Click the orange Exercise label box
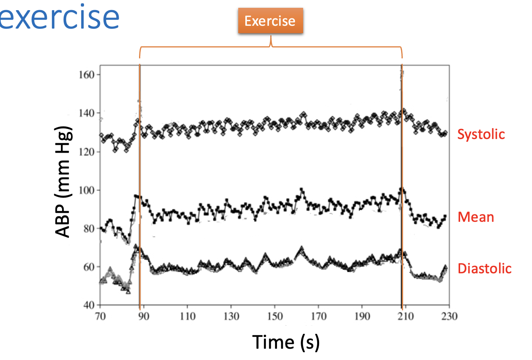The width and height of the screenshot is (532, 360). (270, 21)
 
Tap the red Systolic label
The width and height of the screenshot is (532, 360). (481, 134)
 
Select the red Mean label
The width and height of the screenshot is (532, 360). (475, 217)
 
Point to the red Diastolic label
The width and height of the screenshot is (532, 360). (484, 269)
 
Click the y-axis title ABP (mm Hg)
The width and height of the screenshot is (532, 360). (63, 182)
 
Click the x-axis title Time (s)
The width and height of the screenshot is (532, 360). (286, 342)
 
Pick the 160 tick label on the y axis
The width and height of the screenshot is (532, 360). (87, 75)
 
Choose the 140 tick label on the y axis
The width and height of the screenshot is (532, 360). (87, 113)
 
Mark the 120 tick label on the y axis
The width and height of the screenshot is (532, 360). (87, 152)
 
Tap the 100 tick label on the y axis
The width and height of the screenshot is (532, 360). (87, 190)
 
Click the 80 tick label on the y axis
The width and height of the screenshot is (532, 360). (89, 228)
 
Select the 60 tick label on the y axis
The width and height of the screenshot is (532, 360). (89, 267)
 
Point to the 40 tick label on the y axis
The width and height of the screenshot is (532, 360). (89, 305)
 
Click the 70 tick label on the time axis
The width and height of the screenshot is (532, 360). (100, 316)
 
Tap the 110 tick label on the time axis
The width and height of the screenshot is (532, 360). (187, 316)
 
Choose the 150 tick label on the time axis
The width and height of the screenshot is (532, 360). (275, 316)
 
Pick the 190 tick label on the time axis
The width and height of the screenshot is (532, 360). (362, 316)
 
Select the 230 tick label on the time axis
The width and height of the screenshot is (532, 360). (449, 316)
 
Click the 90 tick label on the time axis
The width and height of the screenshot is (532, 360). (144, 316)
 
